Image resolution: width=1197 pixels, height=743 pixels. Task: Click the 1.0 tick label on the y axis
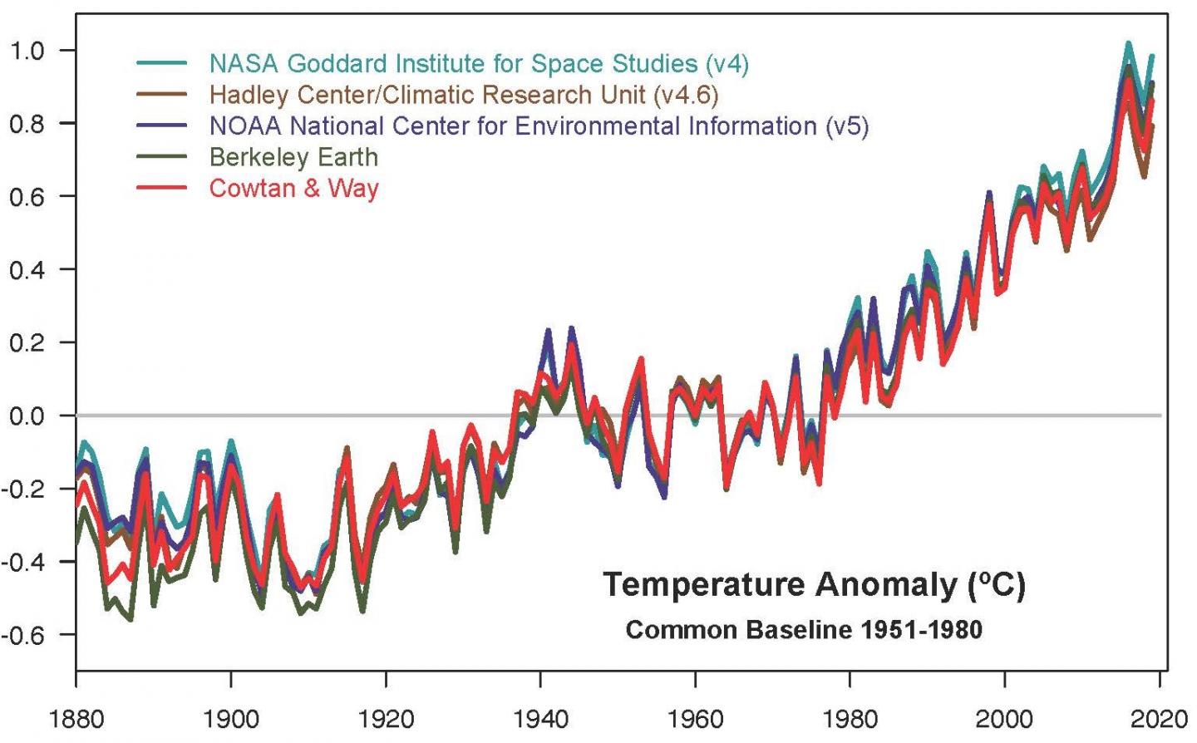pos(27,51)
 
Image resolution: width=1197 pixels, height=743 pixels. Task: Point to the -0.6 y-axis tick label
pos(23,635)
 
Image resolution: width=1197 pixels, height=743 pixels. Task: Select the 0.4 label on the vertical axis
pos(27,269)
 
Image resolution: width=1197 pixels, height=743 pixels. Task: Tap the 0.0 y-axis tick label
pos(27,416)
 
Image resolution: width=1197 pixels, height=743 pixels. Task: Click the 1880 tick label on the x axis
pos(76,718)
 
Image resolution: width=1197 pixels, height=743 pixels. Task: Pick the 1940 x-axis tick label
pos(540,718)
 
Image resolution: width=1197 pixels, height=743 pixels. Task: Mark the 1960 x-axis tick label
pos(695,718)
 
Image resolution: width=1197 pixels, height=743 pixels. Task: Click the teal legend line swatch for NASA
pos(161,63)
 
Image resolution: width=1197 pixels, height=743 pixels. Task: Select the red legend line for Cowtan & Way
pos(161,188)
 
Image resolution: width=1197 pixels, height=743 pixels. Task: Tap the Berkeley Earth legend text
pos(293,157)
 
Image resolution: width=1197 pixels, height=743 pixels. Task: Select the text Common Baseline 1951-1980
pos(804,630)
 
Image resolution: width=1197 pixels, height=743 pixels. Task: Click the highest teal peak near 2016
pos(1128,43)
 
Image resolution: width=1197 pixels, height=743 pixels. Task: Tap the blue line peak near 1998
pos(989,193)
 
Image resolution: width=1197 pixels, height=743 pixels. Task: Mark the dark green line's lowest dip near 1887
pos(131,619)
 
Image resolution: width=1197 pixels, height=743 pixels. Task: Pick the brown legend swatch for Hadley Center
pos(161,95)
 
